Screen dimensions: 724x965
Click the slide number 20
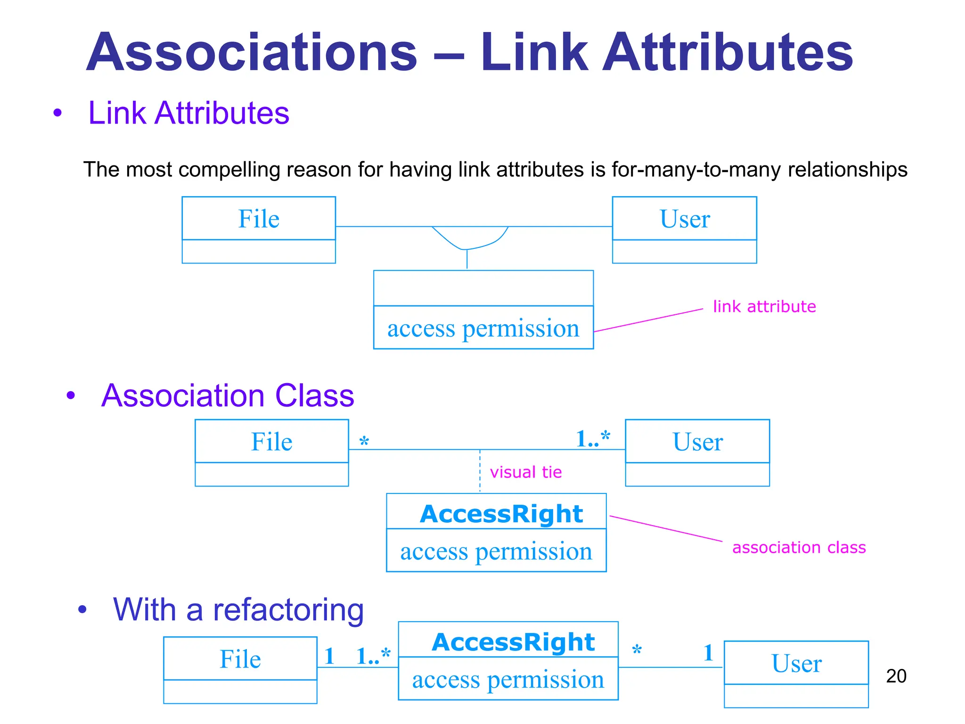(896, 676)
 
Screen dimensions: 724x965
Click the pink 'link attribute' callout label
(764, 306)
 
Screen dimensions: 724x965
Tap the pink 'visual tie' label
(525, 472)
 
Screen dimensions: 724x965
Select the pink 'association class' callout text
(799, 547)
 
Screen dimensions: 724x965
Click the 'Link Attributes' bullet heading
(188, 113)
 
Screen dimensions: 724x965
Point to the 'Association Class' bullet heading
(227, 395)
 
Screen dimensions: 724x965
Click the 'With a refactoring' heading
(238, 609)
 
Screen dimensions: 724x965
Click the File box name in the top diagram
(259, 219)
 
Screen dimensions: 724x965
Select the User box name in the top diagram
(684, 219)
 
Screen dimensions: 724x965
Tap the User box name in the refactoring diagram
(796, 663)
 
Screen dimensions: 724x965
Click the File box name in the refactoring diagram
(240, 659)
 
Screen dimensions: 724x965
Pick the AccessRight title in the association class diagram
(501, 513)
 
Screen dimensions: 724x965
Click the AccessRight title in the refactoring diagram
(513, 642)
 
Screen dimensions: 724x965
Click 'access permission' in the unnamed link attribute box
(483, 328)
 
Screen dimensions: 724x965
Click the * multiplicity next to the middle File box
(364, 442)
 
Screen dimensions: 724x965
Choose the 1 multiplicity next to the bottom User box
(708, 653)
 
